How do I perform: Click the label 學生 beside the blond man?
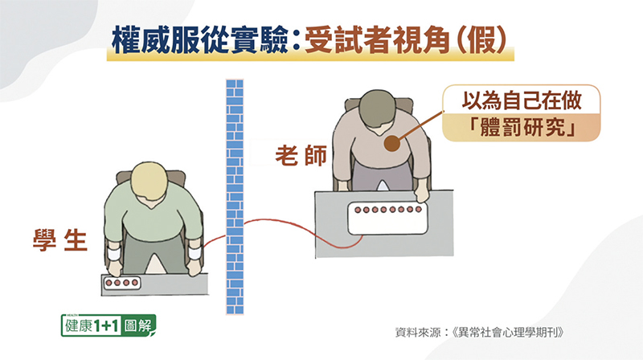click(60, 239)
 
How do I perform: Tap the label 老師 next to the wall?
click(301, 155)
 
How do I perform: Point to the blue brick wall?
click(235, 197)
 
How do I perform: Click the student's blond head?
click(149, 181)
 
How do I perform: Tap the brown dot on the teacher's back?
click(392, 144)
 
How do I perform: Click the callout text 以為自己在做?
click(522, 100)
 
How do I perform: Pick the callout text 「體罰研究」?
click(522, 128)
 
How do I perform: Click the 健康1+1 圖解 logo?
click(109, 325)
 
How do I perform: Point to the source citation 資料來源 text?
click(479, 332)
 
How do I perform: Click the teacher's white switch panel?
click(387, 219)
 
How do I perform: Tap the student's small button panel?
click(122, 283)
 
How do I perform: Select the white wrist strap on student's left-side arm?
click(113, 253)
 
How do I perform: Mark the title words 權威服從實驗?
click(199, 40)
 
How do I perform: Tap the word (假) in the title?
click(481, 40)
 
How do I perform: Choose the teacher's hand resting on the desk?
click(421, 191)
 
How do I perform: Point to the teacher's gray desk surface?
click(384, 224)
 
